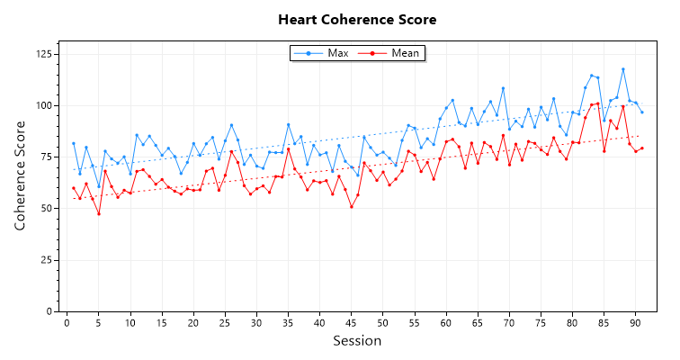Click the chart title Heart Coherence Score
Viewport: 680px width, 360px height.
(x=357, y=19)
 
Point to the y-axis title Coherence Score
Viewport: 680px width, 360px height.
(x=20, y=175)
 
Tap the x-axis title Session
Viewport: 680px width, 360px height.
(x=357, y=341)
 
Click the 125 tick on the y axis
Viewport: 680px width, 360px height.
(x=43, y=55)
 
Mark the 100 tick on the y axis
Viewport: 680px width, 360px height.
(x=43, y=105)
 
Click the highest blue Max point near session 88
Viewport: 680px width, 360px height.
(x=622, y=69)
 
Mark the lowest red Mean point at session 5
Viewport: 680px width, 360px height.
(x=99, y=213)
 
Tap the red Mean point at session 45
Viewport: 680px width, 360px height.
(x=351, y=207)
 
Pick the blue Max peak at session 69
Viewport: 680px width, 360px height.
(x=503, y=88)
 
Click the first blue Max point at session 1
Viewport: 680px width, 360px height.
(x=74, y=143)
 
